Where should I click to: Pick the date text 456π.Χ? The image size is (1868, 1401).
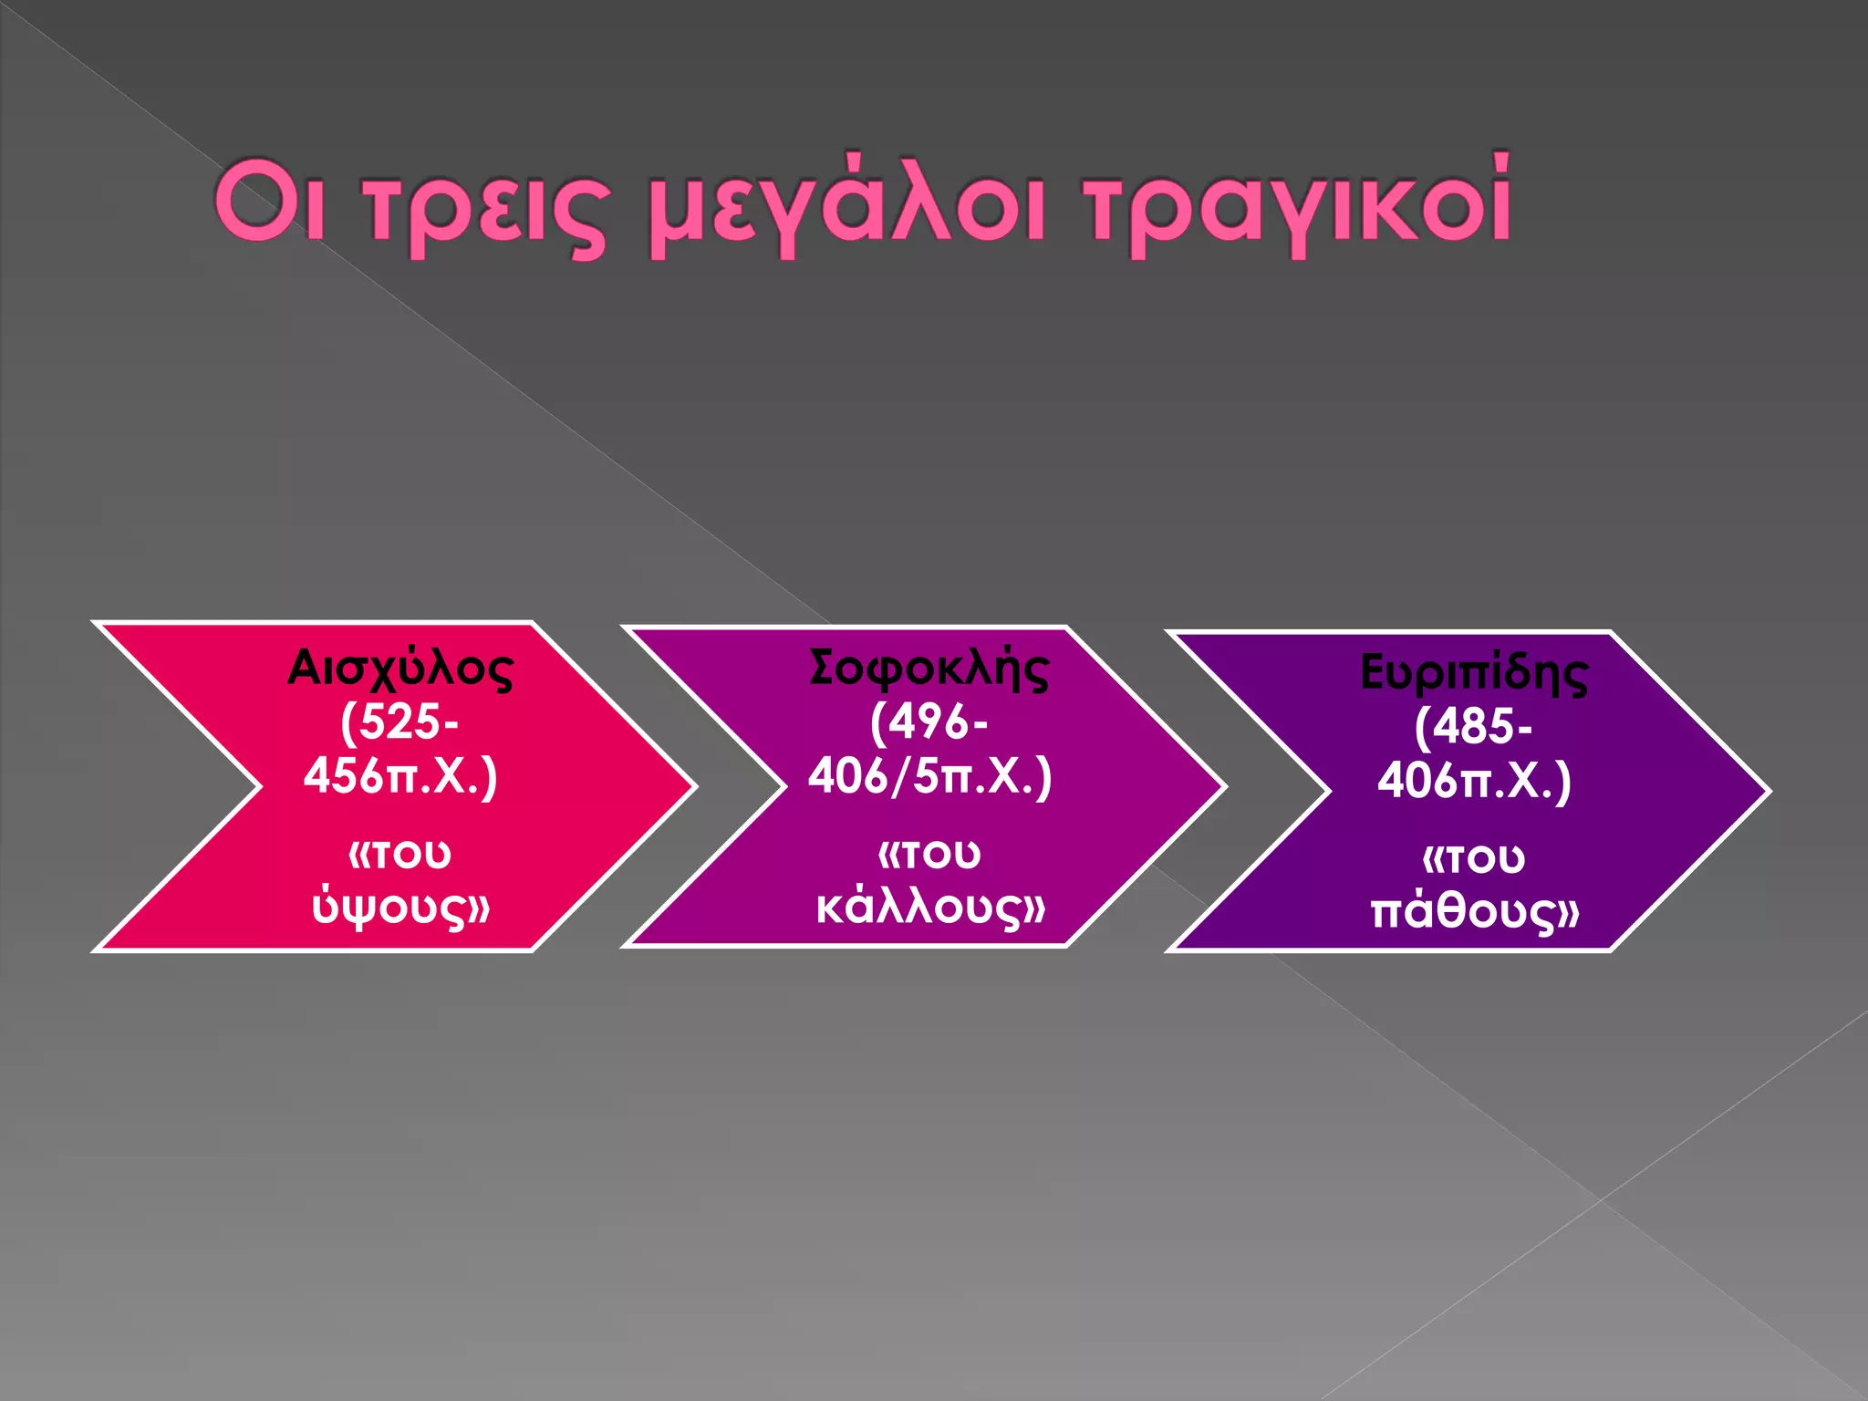tap(400, 777)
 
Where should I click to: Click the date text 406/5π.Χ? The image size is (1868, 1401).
tap(929, 777)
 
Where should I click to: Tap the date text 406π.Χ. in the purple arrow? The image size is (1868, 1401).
tap(1474, 782)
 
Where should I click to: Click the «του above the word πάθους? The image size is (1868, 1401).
tap(1474, 858)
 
